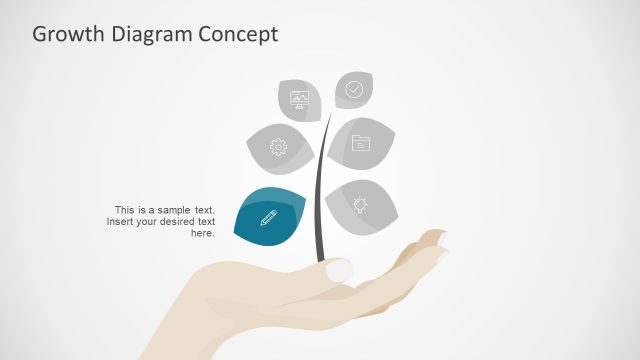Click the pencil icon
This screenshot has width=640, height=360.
[x=269, y=217]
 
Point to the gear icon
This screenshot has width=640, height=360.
[x=278, y=147]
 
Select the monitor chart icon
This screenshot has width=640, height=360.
[x=299, y=98]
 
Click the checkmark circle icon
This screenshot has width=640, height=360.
[x=354, y=89]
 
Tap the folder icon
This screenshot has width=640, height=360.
[x=361, y=143]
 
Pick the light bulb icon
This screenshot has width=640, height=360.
[x=360, y=204]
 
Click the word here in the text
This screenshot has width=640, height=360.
[x=201, y=233]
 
